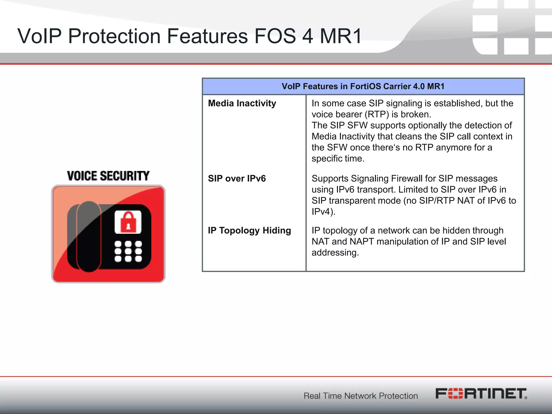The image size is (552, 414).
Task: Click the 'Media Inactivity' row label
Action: pyautogui.click(x=242, y=103)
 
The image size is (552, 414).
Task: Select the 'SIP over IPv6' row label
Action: pyautogui.click(x=237, y=178)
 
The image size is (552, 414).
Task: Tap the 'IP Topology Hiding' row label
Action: pyautogui.click(x=249, y=230)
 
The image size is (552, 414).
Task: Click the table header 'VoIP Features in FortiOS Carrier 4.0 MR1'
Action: pyautogui.click(x=363, y=86)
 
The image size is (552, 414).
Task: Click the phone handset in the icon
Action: pyautogui.click(x=89, y=236)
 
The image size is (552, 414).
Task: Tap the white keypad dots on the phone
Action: pyautogui.click(x=128, y=251)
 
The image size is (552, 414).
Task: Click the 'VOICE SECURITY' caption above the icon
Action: pyautogui.click(x=108, y=176)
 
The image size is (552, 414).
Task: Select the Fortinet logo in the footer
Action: pyautogui.click(x=481, y=394)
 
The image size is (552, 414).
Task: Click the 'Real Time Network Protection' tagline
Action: pyautogui.click(x=361, y=396)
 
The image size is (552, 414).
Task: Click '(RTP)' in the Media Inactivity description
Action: pyautogui.click(x=377, y=115)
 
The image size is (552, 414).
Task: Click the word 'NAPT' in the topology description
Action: pyautogui.click(x=361, y=241)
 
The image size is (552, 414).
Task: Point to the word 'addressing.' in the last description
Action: pyautogui.click(x=335, y=253)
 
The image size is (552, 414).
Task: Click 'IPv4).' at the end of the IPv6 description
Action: pyautogui.click(x=323, y=212)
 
